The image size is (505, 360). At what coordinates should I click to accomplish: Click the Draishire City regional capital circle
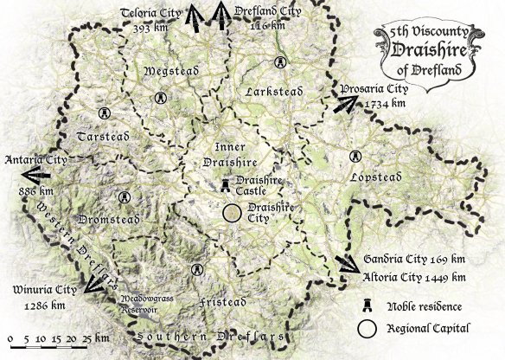pos(232,213)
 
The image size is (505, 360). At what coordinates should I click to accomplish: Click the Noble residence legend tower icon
pos(367,305)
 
